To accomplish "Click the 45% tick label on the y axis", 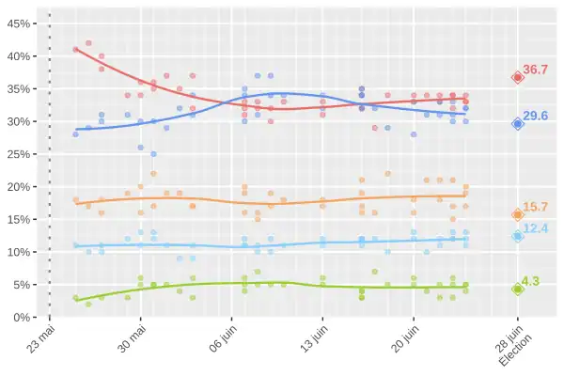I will coord(21,23).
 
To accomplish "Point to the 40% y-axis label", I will coord(21,56).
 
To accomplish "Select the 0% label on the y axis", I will coord(24,318).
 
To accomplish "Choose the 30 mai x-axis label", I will coord(132,338).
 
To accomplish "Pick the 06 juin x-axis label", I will coord(222,338).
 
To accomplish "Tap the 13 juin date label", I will coord(313,338).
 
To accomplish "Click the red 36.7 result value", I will coord(536,70).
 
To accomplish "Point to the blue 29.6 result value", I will coord(536,116).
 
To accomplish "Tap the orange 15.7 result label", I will coord(536,207).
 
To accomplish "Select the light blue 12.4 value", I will coord(536,228).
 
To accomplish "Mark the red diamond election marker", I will coord(518,77).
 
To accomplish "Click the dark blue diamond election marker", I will coord(518,123).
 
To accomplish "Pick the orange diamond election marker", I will coord(518,214).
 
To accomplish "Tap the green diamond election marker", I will coord(518,289).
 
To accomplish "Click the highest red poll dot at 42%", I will coord(88,43).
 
